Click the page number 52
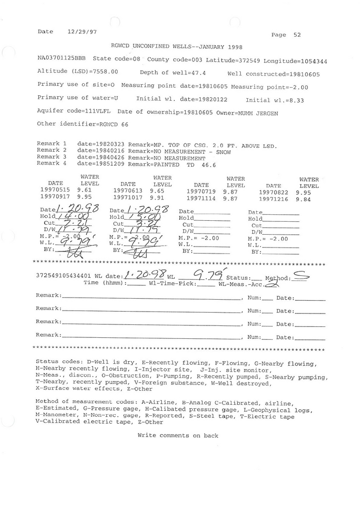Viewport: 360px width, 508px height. point(297,35)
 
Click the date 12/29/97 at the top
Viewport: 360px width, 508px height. point(81,31)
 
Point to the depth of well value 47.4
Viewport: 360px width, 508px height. point(195,72)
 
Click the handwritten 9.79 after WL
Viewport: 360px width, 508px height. point(208,273)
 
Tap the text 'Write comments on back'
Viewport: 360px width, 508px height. point(178,436)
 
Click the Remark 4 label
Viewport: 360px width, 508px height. point(52,163)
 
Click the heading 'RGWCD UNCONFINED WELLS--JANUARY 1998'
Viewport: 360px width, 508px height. point(176,47)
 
